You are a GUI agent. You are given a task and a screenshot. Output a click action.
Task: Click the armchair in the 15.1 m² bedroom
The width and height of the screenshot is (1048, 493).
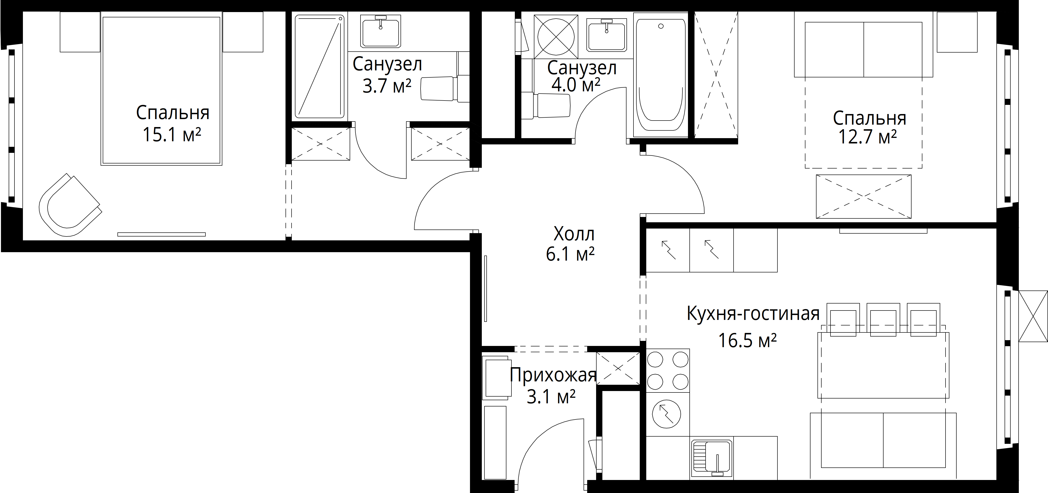(69, 205)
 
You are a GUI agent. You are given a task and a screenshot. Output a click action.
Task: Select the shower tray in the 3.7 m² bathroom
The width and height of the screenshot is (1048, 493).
(320, 66)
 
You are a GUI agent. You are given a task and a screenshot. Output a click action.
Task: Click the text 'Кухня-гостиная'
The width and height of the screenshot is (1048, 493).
(753, 314)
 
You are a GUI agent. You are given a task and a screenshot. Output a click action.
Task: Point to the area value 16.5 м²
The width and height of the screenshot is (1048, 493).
(747, 340)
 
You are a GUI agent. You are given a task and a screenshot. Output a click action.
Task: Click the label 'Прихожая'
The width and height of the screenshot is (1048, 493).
(553, 375)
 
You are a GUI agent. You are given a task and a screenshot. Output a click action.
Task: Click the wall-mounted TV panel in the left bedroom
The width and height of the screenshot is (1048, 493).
(162, 234)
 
